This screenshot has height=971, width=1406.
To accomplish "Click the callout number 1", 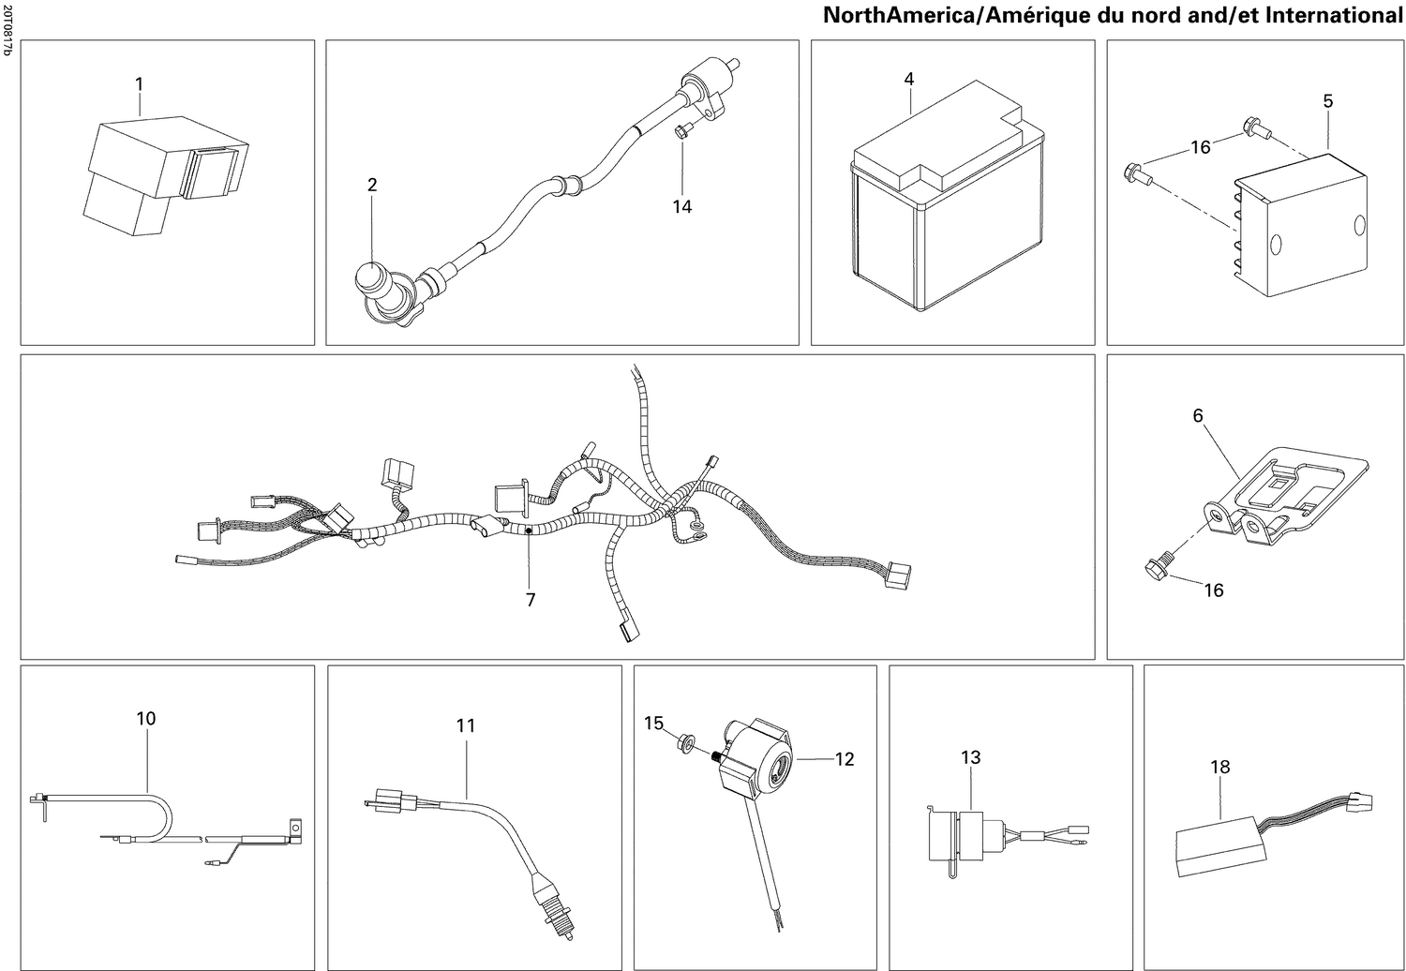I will [139, 84].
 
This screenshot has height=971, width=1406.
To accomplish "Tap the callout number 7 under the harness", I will [531, 600].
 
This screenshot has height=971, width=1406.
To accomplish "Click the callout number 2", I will [372, 186].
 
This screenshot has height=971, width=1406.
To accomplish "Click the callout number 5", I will [1327, 101].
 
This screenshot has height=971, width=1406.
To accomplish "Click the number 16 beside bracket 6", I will [1213, 590].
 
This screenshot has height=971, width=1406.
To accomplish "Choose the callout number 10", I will [145, 719].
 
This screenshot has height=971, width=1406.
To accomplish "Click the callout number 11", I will [466, 725].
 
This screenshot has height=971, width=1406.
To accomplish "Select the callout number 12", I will [845, 759].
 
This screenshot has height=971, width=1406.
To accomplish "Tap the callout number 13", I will [970, 756].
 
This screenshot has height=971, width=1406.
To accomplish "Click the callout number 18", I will [1219, 767].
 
